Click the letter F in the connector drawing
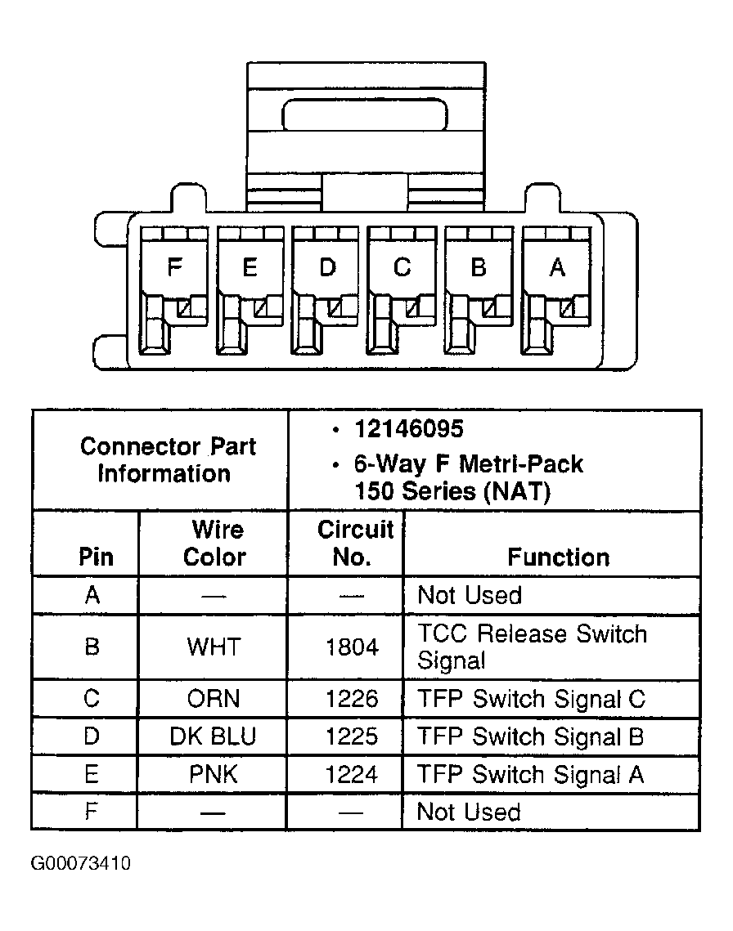click(174, 267)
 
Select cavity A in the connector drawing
click(555, 290)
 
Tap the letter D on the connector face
click(327, 267)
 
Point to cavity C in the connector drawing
click(402, 290)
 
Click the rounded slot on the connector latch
click(364, 114)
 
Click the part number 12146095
click(409, 428)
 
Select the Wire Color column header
click(215, 544)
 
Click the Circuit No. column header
click(355, 544)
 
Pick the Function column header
click(558, 557)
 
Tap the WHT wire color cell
click(214, 647)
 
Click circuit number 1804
click(352, 647)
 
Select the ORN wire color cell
click(214, 699)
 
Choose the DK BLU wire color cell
click(213, 736)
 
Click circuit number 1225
click(352, 736)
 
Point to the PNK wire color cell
click(214, 774)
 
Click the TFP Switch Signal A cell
click(530, 774)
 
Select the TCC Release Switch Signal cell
click(532, 647)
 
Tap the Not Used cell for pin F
click(469, 812)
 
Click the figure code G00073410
click(81, 862)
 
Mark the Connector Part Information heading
click(168, 460)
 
